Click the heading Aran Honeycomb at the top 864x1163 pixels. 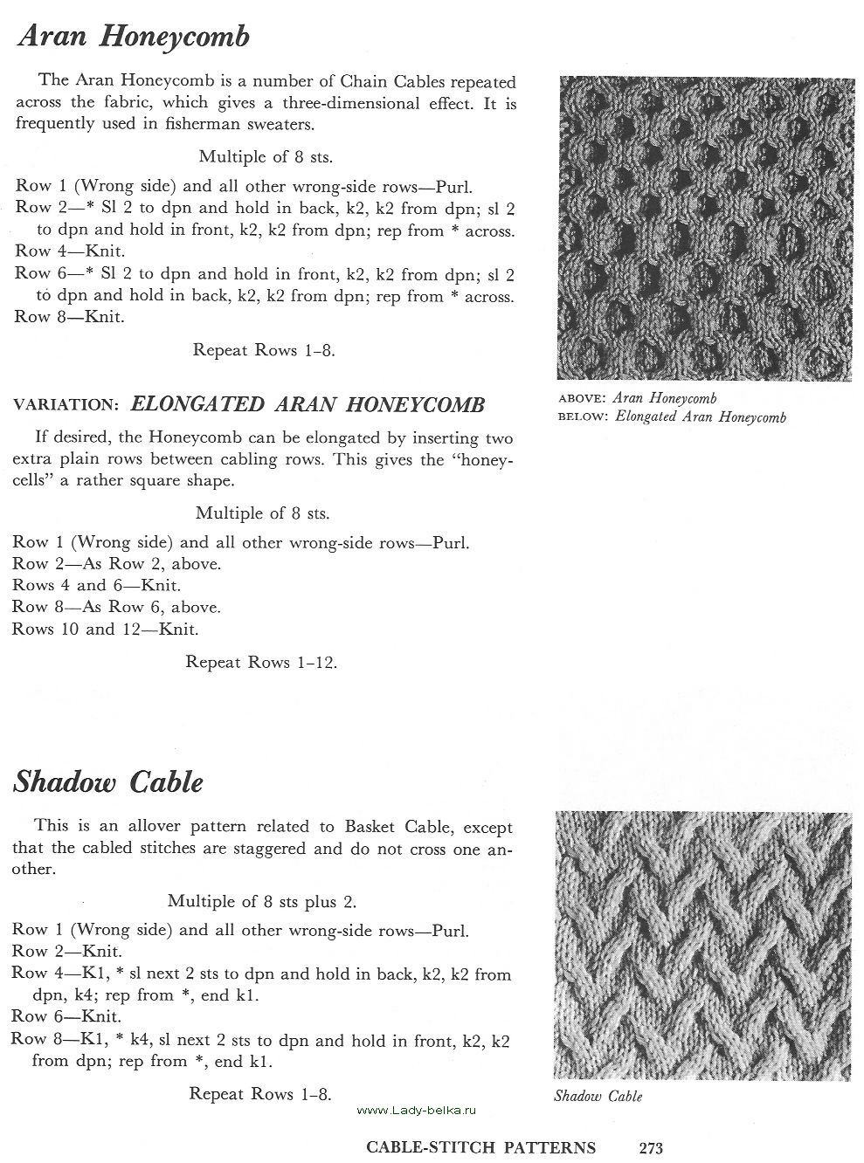133,37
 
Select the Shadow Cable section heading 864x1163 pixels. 107,781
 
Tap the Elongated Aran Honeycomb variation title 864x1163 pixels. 307,404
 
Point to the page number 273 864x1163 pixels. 651,1148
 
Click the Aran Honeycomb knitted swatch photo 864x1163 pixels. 703,229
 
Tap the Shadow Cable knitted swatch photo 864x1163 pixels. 702,946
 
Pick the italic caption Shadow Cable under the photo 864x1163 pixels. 598,1097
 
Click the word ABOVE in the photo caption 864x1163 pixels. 582,399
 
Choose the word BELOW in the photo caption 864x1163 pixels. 582,416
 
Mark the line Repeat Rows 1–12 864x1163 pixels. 261,662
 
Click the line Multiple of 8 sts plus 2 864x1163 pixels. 261,901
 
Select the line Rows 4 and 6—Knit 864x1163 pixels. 97,585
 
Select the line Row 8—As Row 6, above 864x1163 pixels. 116,607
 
